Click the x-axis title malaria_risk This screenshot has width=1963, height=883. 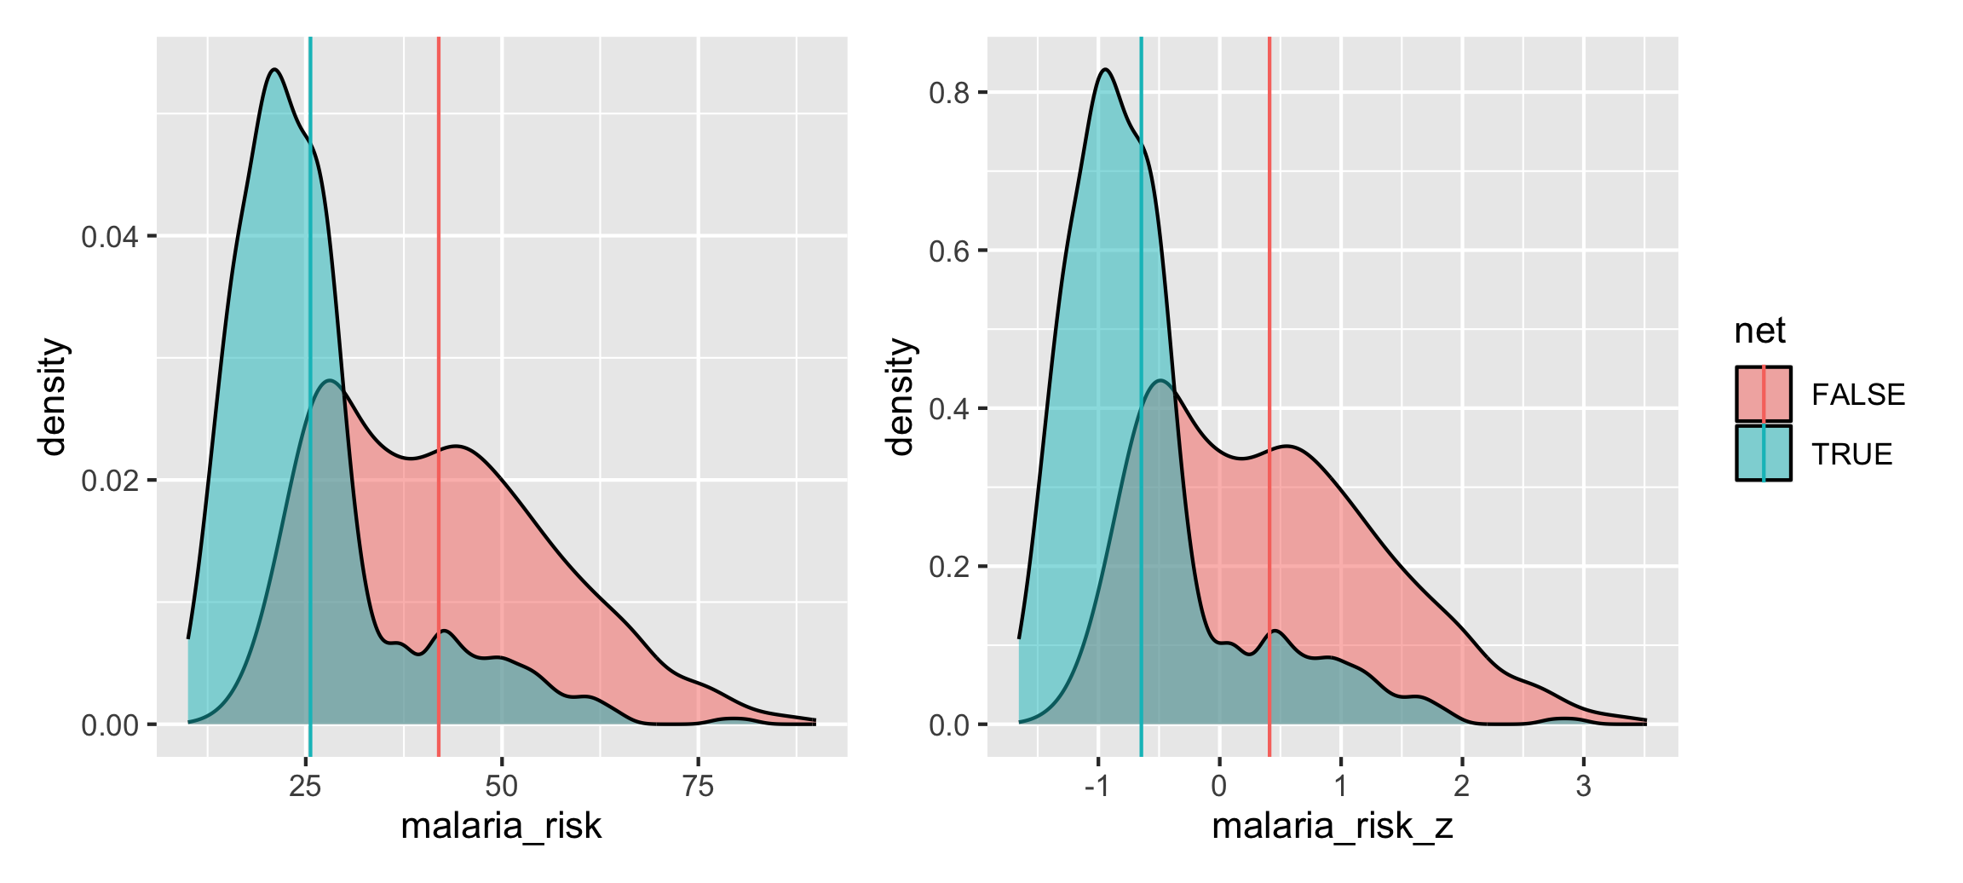[501, 826]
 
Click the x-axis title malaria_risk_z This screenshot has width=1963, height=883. [1332, 826]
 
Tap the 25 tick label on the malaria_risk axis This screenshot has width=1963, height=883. [305, 786]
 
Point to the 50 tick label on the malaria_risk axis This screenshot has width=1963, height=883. [501, 786]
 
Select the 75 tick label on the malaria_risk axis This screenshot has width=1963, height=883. [698, 786]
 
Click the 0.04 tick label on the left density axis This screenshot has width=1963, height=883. [109, 237]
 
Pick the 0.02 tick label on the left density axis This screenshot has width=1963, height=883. [109, 481]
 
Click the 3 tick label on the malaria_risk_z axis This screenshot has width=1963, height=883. [1583, 786]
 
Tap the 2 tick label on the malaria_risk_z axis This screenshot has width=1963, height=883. [1462, 786]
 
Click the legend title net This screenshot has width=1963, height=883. [1759, 331]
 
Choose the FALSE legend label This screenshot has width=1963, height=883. [1857, 395]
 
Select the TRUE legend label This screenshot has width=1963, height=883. [1851, 454]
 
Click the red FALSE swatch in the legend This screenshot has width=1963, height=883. [1763, 394]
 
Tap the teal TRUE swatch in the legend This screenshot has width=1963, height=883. [1763, 453]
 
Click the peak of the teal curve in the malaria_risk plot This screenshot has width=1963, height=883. [274, 70]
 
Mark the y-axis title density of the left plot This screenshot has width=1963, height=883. [53, 397]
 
